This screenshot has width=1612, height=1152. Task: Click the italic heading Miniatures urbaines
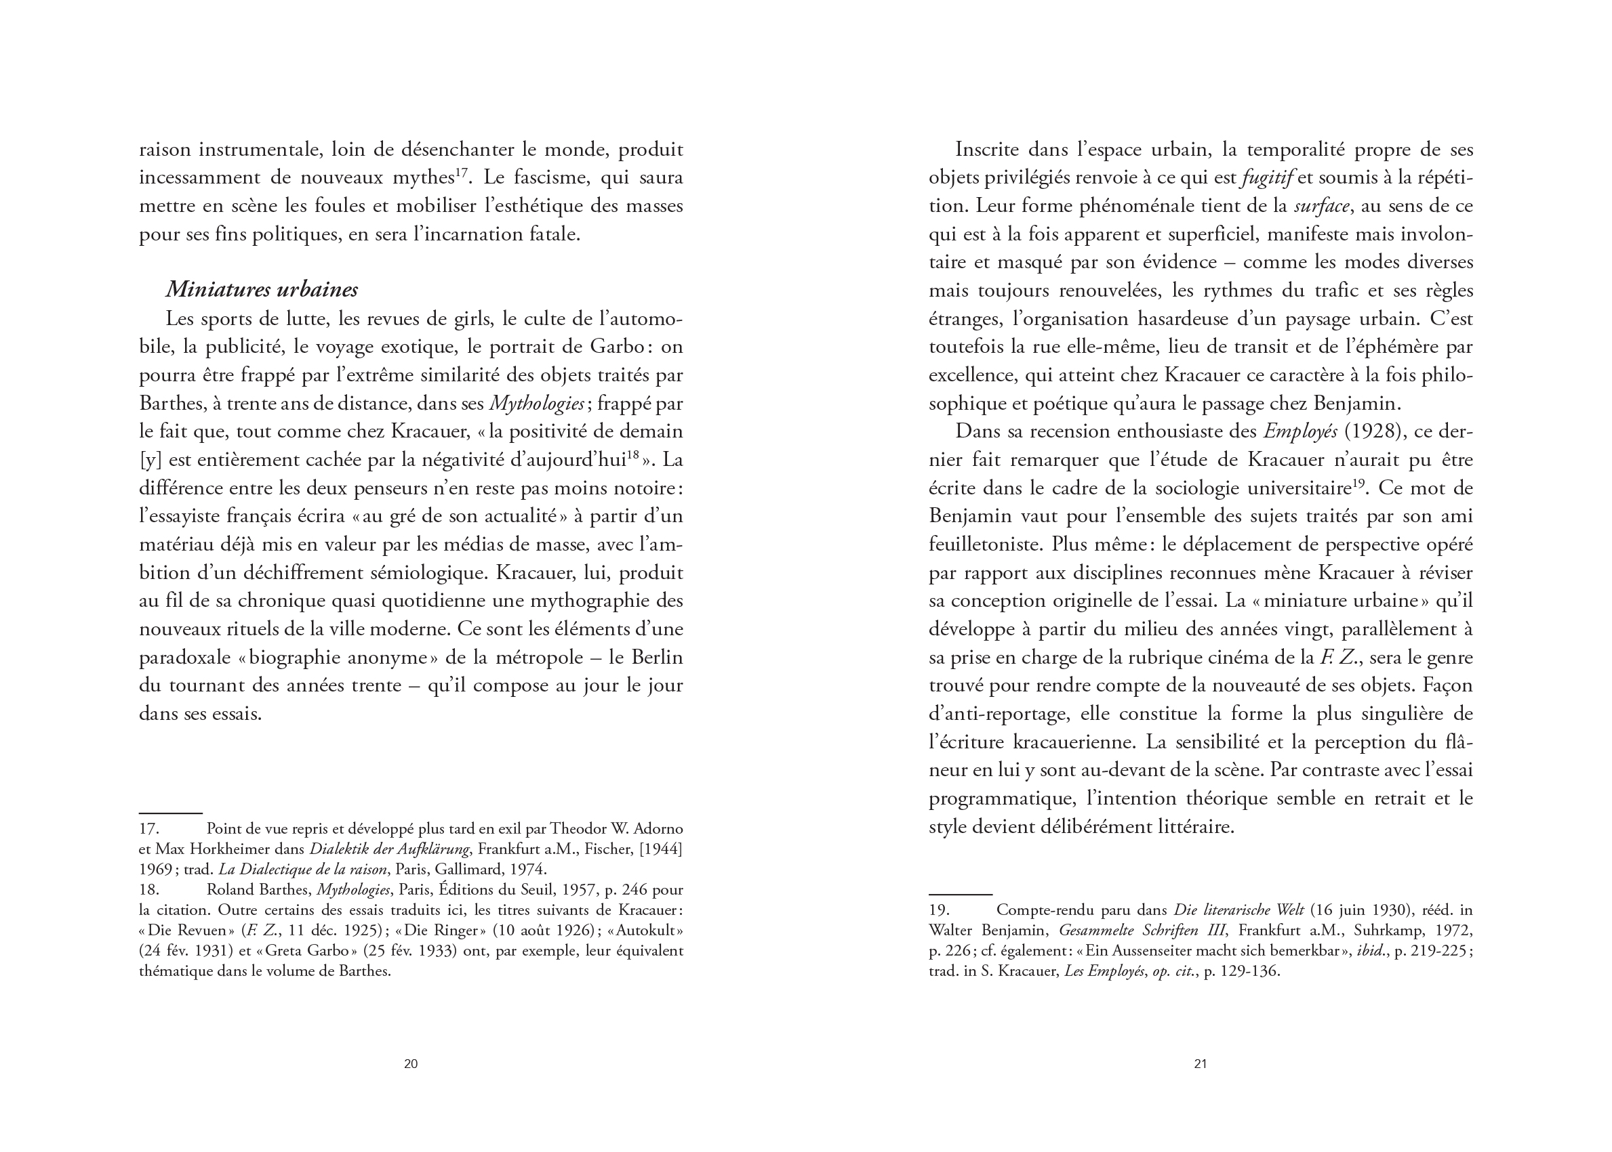point(261,289)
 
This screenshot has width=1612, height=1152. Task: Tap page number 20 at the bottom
point(410,1063)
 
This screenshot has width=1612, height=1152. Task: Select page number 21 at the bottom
point(1201,1063)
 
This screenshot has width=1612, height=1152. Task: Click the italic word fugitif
point(1268,177)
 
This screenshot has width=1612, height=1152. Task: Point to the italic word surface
point(1321,206)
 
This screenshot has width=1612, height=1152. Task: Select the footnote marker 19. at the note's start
point(939,910)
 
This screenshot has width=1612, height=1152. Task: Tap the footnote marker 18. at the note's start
point(149,889)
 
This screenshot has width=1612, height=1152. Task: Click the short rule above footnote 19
point(960,895)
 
